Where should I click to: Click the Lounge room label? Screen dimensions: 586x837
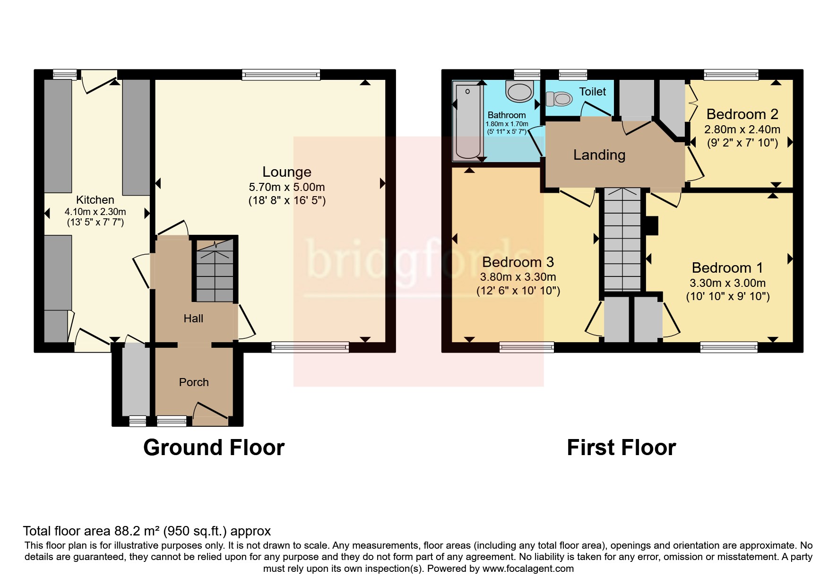[x=286, y=172]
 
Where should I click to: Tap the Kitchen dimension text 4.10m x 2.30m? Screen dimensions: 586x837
[x=95, y=212]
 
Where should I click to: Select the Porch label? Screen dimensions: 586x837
[x=194, y=382]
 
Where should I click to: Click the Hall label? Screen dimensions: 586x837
[x=193, y=319]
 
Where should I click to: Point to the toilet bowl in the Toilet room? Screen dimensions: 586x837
[x=559, y=99]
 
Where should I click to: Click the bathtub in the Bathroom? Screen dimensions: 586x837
[x=467, y=121]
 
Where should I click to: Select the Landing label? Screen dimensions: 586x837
[x=599, y=155]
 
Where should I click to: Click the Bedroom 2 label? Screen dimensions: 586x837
[x=742, y=114]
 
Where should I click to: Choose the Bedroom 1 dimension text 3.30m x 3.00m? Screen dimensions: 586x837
[x=728, y=283]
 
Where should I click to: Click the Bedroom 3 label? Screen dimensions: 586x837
[x=518, y=262]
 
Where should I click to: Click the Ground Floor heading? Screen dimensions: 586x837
[x=214, y=448]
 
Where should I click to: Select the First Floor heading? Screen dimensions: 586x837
[x=621, y=448]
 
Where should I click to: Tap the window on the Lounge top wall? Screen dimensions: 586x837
[x=281, y=75]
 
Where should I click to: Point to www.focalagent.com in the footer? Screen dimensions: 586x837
[x=528, y=569]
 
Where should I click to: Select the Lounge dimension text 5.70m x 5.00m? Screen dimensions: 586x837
[x=286, y=187]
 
